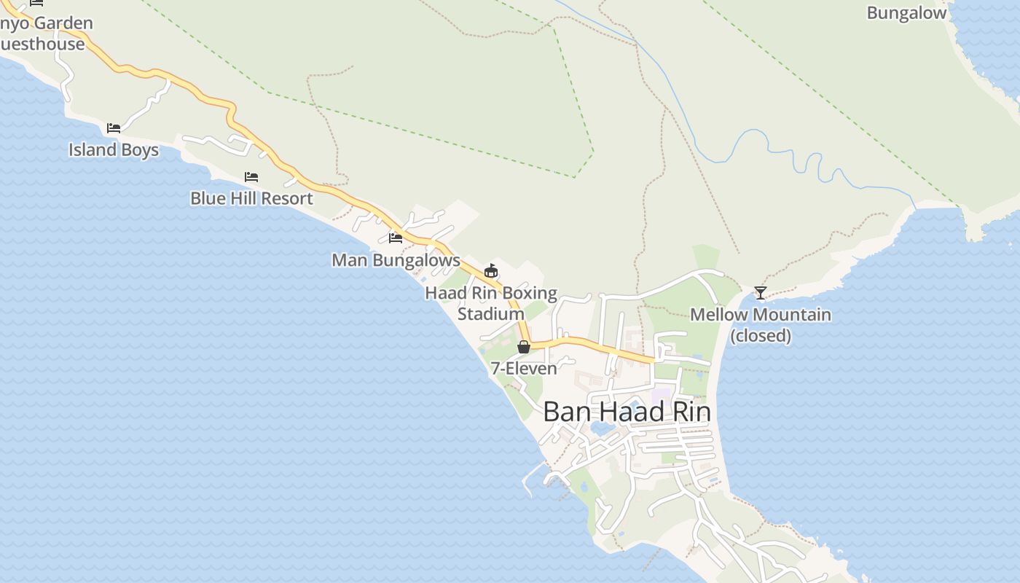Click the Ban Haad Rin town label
(x=627, y=412)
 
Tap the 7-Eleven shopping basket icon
(x=523, y=347)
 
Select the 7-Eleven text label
(x=523, y=368)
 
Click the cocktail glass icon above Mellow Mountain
(x=760, y=293)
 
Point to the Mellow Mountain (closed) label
(x=760, y=324)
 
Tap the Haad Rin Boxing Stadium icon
(x=491, y=271)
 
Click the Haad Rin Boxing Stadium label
(x=491, y=303)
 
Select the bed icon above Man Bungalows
(x=396, y=238)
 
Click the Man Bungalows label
(x=396, y=259)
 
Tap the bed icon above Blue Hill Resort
(x=251, y=177)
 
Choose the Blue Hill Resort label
(x=251, y=198)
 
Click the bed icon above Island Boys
(x=114, y=128)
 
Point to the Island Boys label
(x=114, y=149)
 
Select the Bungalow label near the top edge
(x=906, y=12)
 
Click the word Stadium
(x=490, y=313)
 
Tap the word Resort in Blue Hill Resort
(x=286, y=198)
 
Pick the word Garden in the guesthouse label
(x=64, y=23)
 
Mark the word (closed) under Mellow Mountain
(x=760, y=335)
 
